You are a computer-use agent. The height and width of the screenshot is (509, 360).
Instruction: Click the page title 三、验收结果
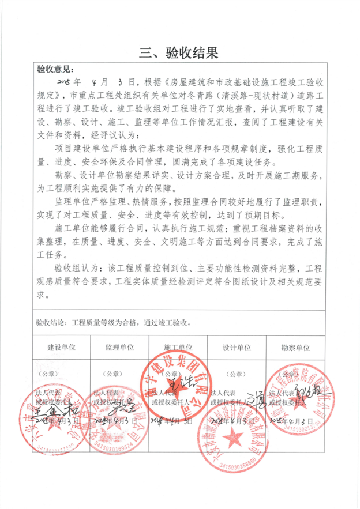[179, 54]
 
